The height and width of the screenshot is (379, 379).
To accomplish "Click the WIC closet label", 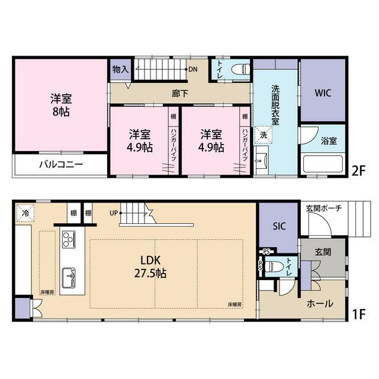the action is [x=323, y=93].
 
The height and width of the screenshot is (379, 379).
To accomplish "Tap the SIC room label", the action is [x=279, y=226].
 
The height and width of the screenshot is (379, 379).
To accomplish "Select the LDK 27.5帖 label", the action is [x=150, y=266].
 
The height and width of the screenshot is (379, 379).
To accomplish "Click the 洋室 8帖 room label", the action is [x=61, y=105].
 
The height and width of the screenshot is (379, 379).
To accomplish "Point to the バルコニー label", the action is [x=61, y=165].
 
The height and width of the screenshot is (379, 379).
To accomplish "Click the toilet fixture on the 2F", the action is [x=240, y=69].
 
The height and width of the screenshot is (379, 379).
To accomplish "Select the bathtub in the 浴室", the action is [x=323, y=163].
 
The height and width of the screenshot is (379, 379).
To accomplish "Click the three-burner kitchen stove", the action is [x=69, y=239].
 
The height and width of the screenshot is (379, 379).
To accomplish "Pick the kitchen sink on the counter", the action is [x=69, y=278].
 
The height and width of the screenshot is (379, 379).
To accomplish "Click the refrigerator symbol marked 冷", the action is [x=25, y=213].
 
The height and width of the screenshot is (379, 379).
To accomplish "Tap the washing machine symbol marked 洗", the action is [x=263, y=135].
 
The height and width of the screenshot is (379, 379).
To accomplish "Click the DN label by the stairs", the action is [x=193, y=70].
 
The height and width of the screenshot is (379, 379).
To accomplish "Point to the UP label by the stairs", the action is [x=114, y=213].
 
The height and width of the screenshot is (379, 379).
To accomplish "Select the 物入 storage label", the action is [x=120, y=70].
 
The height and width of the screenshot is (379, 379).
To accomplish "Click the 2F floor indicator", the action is [x=358, y=171].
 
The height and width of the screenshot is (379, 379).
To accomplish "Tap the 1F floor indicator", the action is [x=358, y=314].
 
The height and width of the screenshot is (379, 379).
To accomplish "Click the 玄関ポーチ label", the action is [x=324, y=208].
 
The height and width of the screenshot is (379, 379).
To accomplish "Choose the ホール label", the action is [x=320, y=304].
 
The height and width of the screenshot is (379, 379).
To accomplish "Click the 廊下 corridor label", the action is [x=180, y=94].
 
